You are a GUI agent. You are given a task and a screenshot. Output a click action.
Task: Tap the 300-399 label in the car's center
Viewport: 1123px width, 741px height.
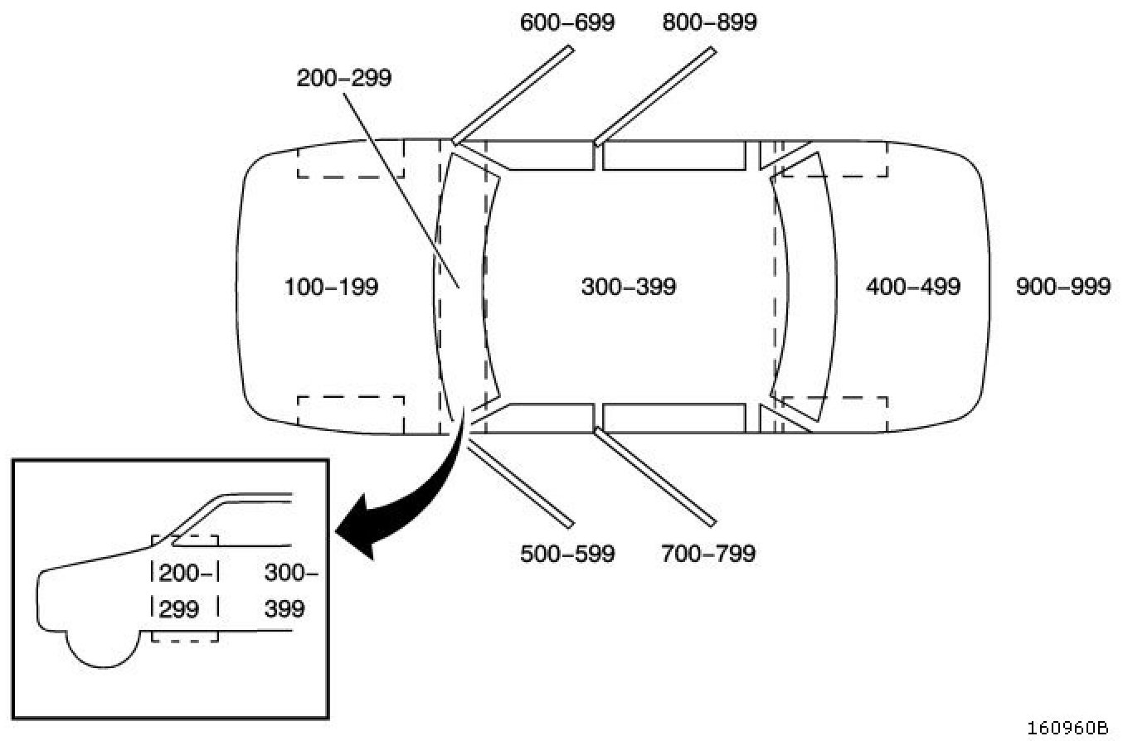point(629,288)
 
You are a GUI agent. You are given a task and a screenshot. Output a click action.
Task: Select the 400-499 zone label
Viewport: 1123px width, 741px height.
point(913,288)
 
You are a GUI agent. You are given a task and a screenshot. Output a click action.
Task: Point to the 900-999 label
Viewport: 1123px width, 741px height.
point(1063,288)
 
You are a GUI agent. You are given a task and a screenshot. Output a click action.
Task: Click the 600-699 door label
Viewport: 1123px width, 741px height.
point(567,22)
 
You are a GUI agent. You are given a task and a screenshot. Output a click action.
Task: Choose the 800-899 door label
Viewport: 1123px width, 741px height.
point(709,22)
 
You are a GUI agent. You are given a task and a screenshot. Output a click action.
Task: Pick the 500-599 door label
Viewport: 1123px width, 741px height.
point(567,553)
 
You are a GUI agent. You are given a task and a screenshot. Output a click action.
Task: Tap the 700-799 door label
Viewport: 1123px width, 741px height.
point(708,553)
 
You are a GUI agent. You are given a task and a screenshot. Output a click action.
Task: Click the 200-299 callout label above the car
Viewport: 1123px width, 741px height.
point(344,78)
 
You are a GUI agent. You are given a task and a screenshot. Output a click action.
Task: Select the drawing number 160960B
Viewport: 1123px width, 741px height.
point(1067,728)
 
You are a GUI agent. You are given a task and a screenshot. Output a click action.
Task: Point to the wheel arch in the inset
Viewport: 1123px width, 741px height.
point(100,647)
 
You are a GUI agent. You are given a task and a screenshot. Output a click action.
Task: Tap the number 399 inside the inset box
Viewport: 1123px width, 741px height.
point(284,609)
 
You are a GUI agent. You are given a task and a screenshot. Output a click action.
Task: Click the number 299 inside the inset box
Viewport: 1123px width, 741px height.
point(179,609)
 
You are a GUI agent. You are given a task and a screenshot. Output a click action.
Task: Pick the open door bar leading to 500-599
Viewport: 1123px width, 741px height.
point(521,483)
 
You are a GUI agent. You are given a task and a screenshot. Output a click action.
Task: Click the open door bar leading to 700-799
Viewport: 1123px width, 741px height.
point(655,477)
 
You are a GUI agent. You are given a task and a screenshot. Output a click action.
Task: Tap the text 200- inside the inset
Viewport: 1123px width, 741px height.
point(186,572)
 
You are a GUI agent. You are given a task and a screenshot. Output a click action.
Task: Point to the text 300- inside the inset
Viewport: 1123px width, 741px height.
point(290,572)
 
